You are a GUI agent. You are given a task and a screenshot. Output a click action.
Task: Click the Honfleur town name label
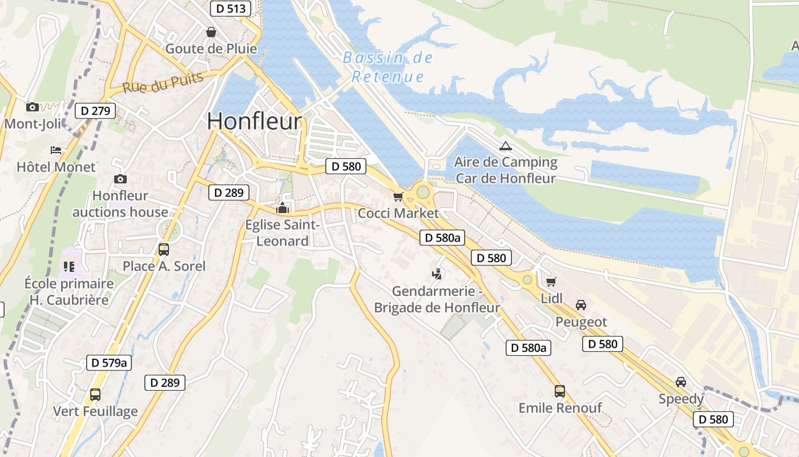pyautogui.click(x=254, y=121)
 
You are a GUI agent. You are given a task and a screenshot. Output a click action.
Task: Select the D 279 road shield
pyautogui.click(x=95, y=111)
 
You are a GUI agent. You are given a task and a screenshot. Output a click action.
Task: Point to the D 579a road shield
pyautogui.click(x=109, y=362)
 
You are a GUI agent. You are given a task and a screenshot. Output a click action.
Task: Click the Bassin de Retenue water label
pyautogui.click(x=388, y=67)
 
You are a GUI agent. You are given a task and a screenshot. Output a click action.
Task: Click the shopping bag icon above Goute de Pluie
pyautogui.click(x=211, y=32)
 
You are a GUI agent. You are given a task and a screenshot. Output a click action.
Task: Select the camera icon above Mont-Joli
pyautogui.click(x=33, y=107)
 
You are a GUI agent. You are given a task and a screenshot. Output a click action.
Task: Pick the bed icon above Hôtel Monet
pyautogui.click(x=56, y=150)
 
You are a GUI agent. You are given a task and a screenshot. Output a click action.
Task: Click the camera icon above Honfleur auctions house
pyautogui.click(x=120, y=179)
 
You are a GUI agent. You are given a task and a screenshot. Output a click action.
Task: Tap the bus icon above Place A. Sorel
pyautogui.click(x=164, y=249)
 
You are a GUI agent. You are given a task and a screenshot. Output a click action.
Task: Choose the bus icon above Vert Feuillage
pyautogui.click(x=95, y=394)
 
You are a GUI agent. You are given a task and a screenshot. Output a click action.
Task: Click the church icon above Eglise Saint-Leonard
pyautogui.click(x=282, y=209)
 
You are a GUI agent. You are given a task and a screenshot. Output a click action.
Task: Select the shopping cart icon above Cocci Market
pyautogui.click(x=398, y=197)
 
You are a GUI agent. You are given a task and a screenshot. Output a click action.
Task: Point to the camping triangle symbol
pyautogui.click(x=505, y=146)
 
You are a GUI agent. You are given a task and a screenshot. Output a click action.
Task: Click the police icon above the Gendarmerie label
pyautogui.click(x=437, y=274)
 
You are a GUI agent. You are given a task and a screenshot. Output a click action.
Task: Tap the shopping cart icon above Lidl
pyautogui.click(x=551, y=282)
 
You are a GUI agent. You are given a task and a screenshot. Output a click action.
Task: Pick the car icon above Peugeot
pyautogui.click(x=581, y=305)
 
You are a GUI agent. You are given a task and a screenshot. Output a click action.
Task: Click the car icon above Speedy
pyautogui.click(x=681, y=382)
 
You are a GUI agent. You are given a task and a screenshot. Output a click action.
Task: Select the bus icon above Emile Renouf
pyautogui.click(x=560, y=391)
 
